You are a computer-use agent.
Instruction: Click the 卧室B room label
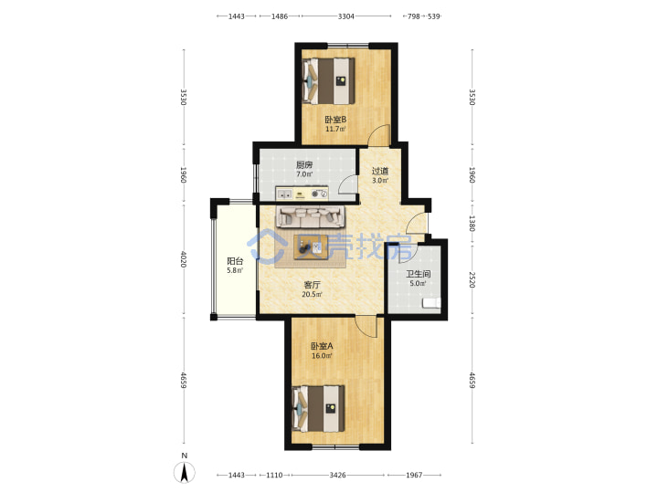tap(335, 120)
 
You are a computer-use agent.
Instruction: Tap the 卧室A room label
tap(322, 346)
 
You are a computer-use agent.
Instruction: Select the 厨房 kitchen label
tap(304, 164)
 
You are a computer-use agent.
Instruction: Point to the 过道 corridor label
tap(380, 171)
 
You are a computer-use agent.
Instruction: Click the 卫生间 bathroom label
tap(418, 274)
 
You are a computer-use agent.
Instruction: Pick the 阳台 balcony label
tap(235, 261)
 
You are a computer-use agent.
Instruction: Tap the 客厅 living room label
tap(312, 285)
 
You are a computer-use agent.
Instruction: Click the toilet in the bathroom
tap(431, 303)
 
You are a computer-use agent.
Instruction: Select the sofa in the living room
tap(310, 216)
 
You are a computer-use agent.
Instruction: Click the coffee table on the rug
tap(311, 247)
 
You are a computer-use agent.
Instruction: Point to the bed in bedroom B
tap(329, 81)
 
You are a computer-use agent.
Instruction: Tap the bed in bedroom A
tap(319, 409)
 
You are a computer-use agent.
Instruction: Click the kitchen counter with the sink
tap(302, 194)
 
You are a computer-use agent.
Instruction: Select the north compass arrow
tap(185, 472)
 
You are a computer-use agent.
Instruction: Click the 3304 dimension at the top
tap(346, 16)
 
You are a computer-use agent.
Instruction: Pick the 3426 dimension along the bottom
tap(337, 475)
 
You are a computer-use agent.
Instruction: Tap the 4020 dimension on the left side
tap(184, 259)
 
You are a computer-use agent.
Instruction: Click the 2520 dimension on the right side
tap(472, 280)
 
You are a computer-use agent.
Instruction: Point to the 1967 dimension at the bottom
tap(414, 475)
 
